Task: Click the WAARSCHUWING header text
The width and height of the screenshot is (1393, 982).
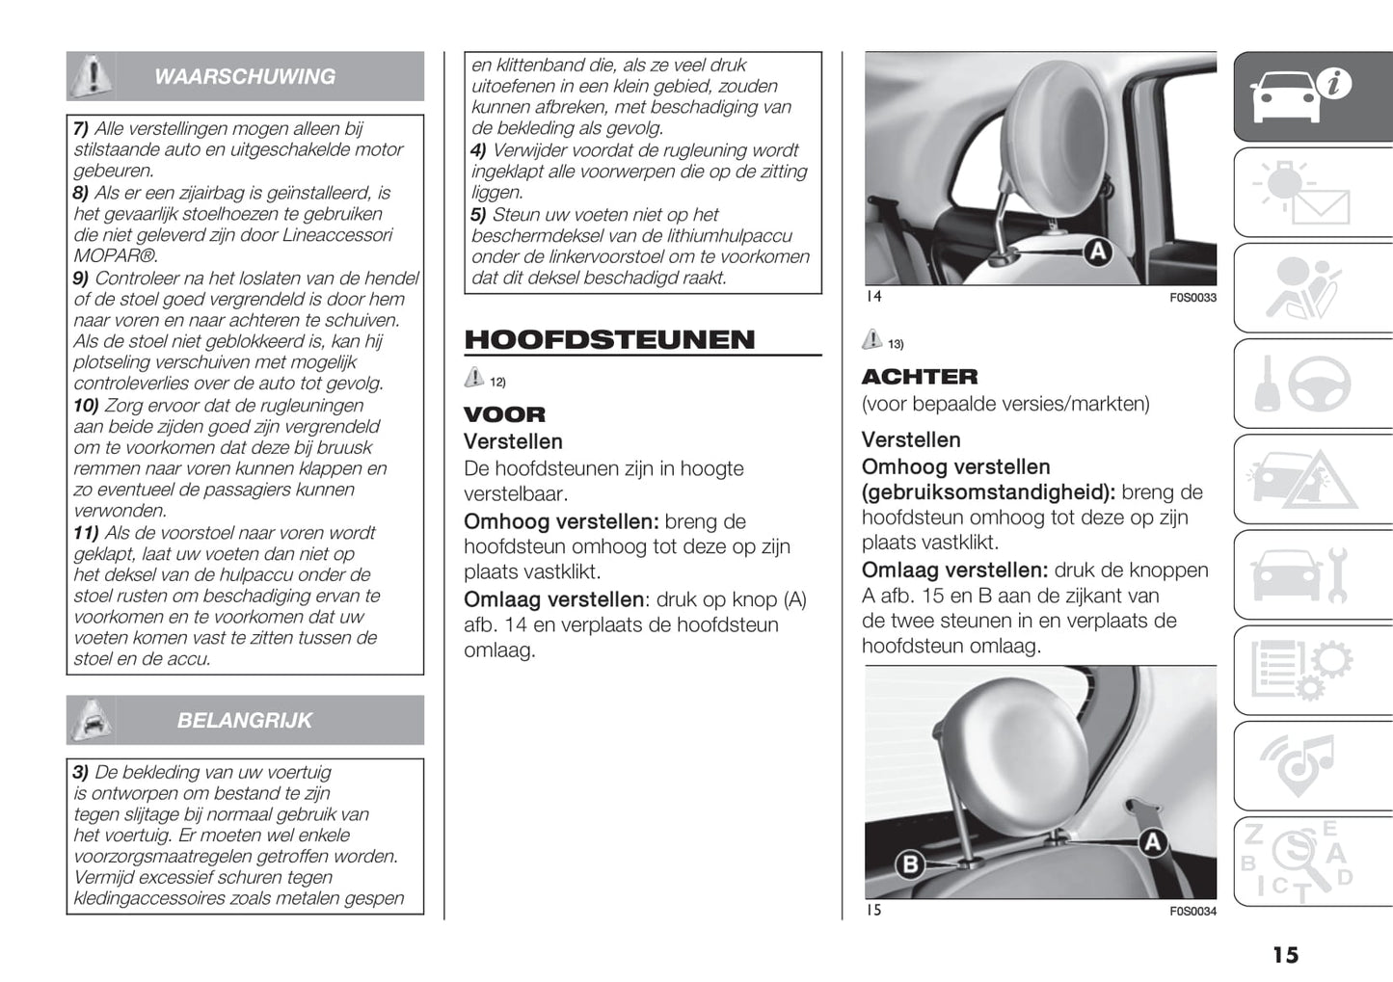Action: click(x=245, y=76)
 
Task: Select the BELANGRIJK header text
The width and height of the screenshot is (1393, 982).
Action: click(x=245, y=720)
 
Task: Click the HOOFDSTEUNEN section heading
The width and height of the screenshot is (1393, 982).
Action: click(x=609, y=339)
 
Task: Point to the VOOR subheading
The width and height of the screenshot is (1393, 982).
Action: click(x=504, y=414)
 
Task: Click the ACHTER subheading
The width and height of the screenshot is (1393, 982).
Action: click(x=919, y=377)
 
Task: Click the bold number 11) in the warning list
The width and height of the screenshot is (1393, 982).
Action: click(x=86, y=533)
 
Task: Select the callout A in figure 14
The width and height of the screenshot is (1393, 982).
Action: click(x=1097, y=252)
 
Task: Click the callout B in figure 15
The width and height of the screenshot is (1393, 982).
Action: click(x=909, y=863)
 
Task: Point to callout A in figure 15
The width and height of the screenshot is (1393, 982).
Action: click(x=1152, y=843)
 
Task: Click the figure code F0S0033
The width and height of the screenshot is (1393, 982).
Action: click(x=1192, y=298)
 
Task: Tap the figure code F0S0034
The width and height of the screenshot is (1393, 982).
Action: click(x=1192, y=912)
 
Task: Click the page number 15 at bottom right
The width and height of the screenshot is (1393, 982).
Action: click(x=1285, y=955)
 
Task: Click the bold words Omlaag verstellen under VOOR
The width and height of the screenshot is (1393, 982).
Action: click(x=552, y=599)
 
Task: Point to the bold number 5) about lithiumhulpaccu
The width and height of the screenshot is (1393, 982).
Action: click(x=478, y=215)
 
